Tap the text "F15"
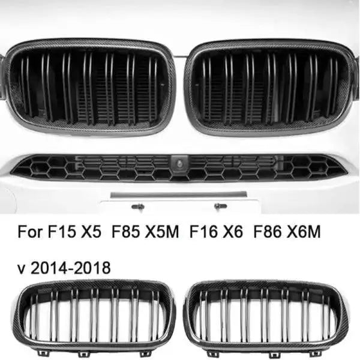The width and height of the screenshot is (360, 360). [x=62, y=232]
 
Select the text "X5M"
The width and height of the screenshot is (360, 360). [x=163, y=232]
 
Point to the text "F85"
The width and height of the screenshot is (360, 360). [x=126, y=232]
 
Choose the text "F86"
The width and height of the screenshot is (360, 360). [x=268, y=232]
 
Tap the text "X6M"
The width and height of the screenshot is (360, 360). [x=304, y=232]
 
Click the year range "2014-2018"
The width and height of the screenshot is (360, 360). [x=70, y=268]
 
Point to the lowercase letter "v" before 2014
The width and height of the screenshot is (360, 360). [x=22, y=269]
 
